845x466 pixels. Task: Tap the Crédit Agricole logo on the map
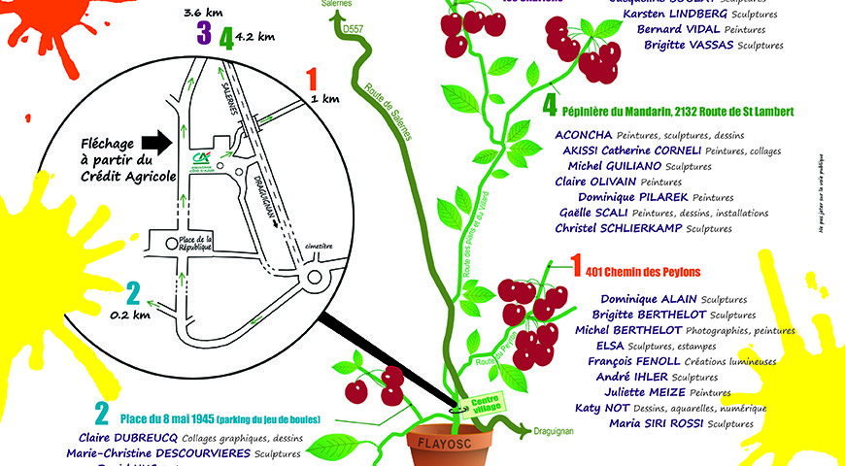pos(202,160)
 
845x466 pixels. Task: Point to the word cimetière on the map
pos(317,247)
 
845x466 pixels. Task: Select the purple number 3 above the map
pos(203,34)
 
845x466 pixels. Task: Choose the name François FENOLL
pos(629,361)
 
